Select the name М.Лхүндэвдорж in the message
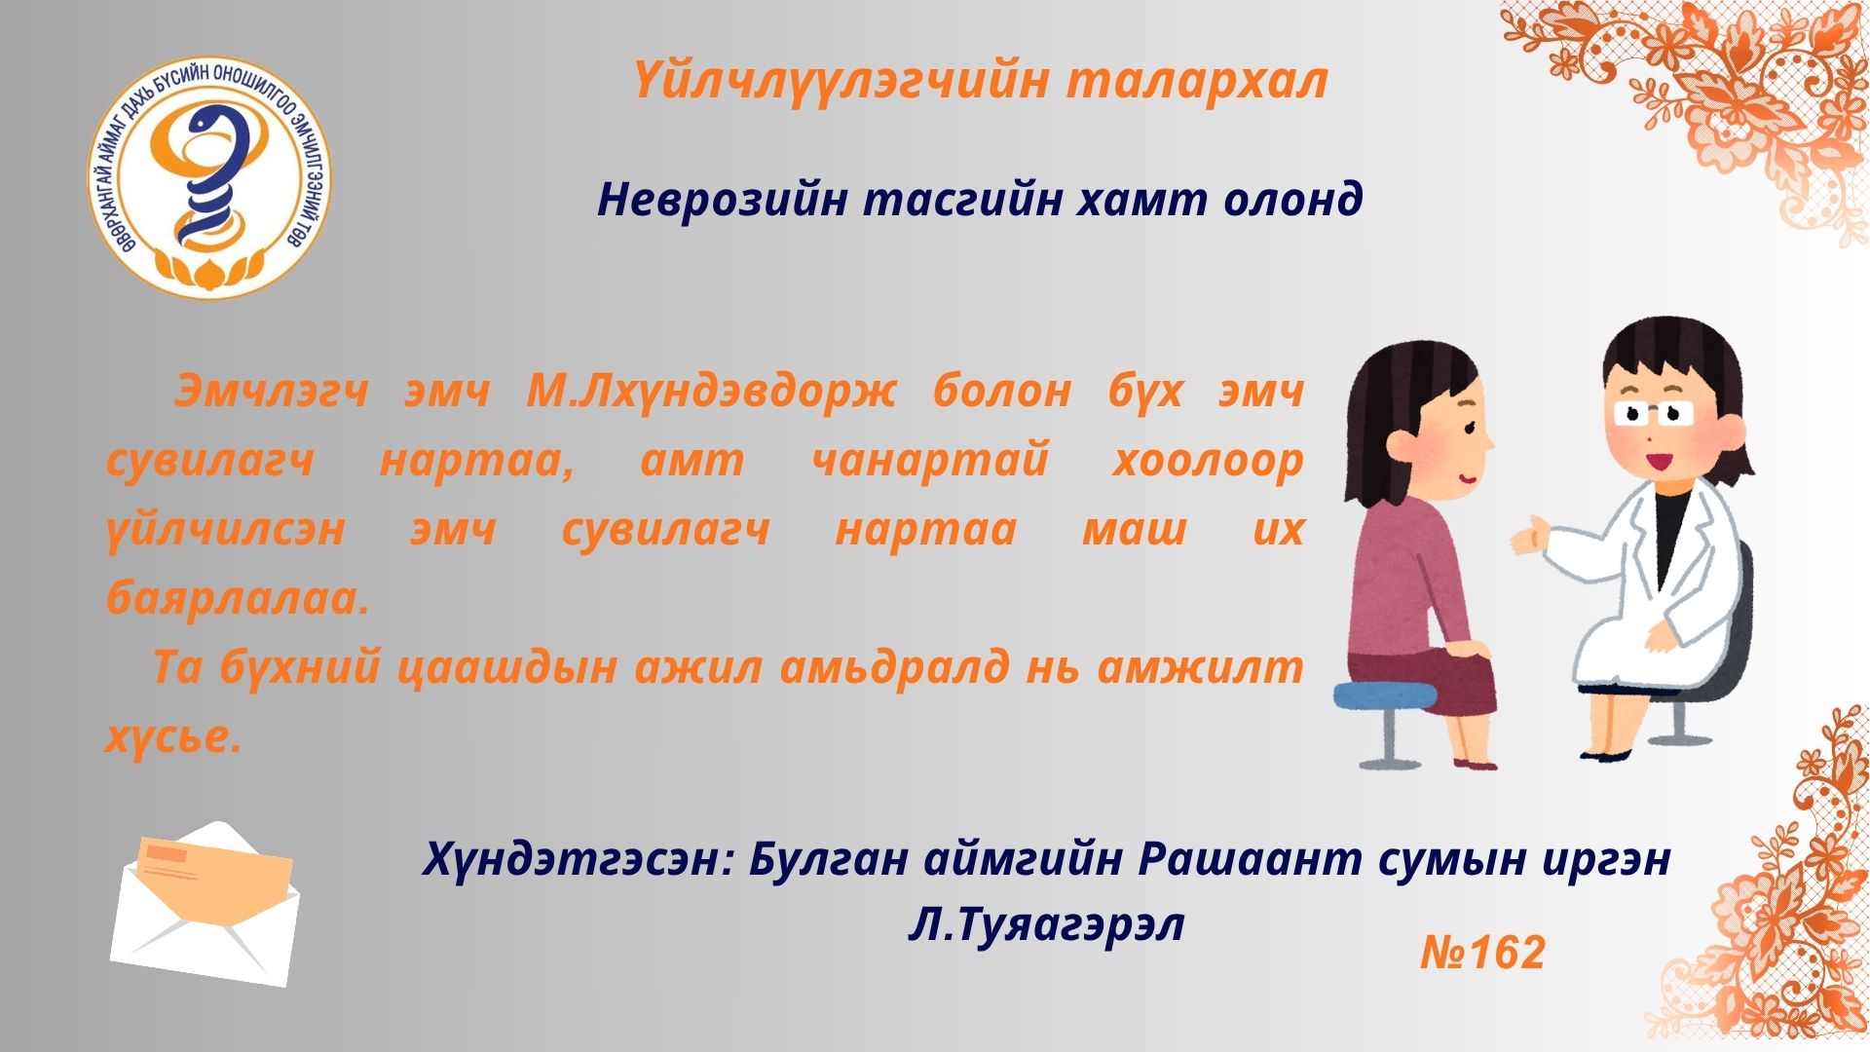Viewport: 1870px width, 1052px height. [x=710, y=392]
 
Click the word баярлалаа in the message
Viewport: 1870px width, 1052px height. [x=238, y=598]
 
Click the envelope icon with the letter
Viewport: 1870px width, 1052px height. [x=205, y=904]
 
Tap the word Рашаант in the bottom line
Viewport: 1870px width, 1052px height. [x=1246, y=860]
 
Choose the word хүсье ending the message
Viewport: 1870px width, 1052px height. [x=172, y=737]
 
